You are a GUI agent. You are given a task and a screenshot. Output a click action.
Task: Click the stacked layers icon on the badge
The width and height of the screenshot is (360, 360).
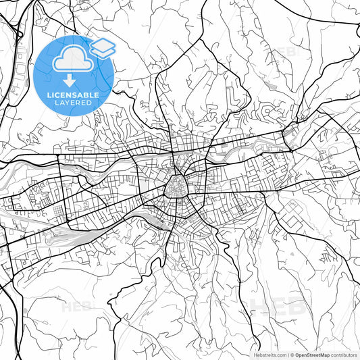point(102,48)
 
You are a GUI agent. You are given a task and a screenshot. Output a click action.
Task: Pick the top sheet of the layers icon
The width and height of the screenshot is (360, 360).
point(102,45)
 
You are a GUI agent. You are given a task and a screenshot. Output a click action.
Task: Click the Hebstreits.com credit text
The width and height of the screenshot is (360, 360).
point(269,354)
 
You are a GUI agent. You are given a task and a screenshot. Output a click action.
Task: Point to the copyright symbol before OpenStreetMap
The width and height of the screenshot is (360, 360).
point(292,354)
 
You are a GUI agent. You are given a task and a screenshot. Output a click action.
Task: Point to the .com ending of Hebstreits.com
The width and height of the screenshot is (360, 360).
point(280,354)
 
